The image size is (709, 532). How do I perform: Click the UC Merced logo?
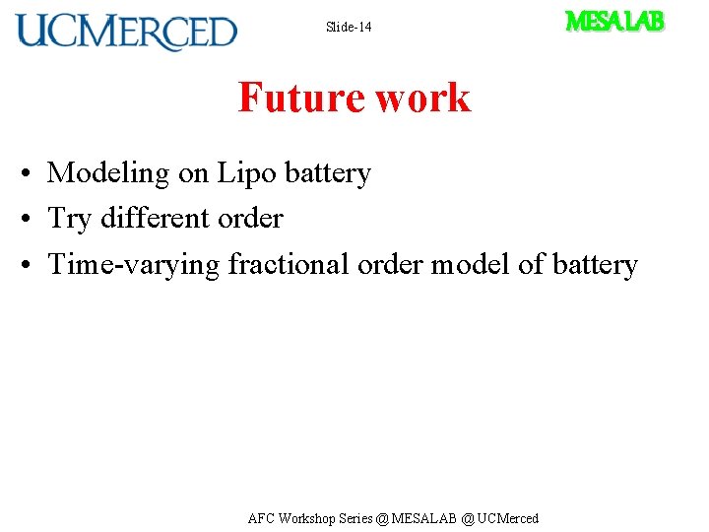pos(126,32)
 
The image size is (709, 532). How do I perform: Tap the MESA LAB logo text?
pos(614,21)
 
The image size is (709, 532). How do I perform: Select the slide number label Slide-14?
pos(349,27)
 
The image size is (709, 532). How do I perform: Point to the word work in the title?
pos(422,98)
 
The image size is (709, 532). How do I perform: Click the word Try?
pos(70,219)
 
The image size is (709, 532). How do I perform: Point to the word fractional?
pos(289,264)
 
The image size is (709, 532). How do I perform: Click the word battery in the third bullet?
pos(595,265)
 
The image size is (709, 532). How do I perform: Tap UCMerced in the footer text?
pos(508,518)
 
